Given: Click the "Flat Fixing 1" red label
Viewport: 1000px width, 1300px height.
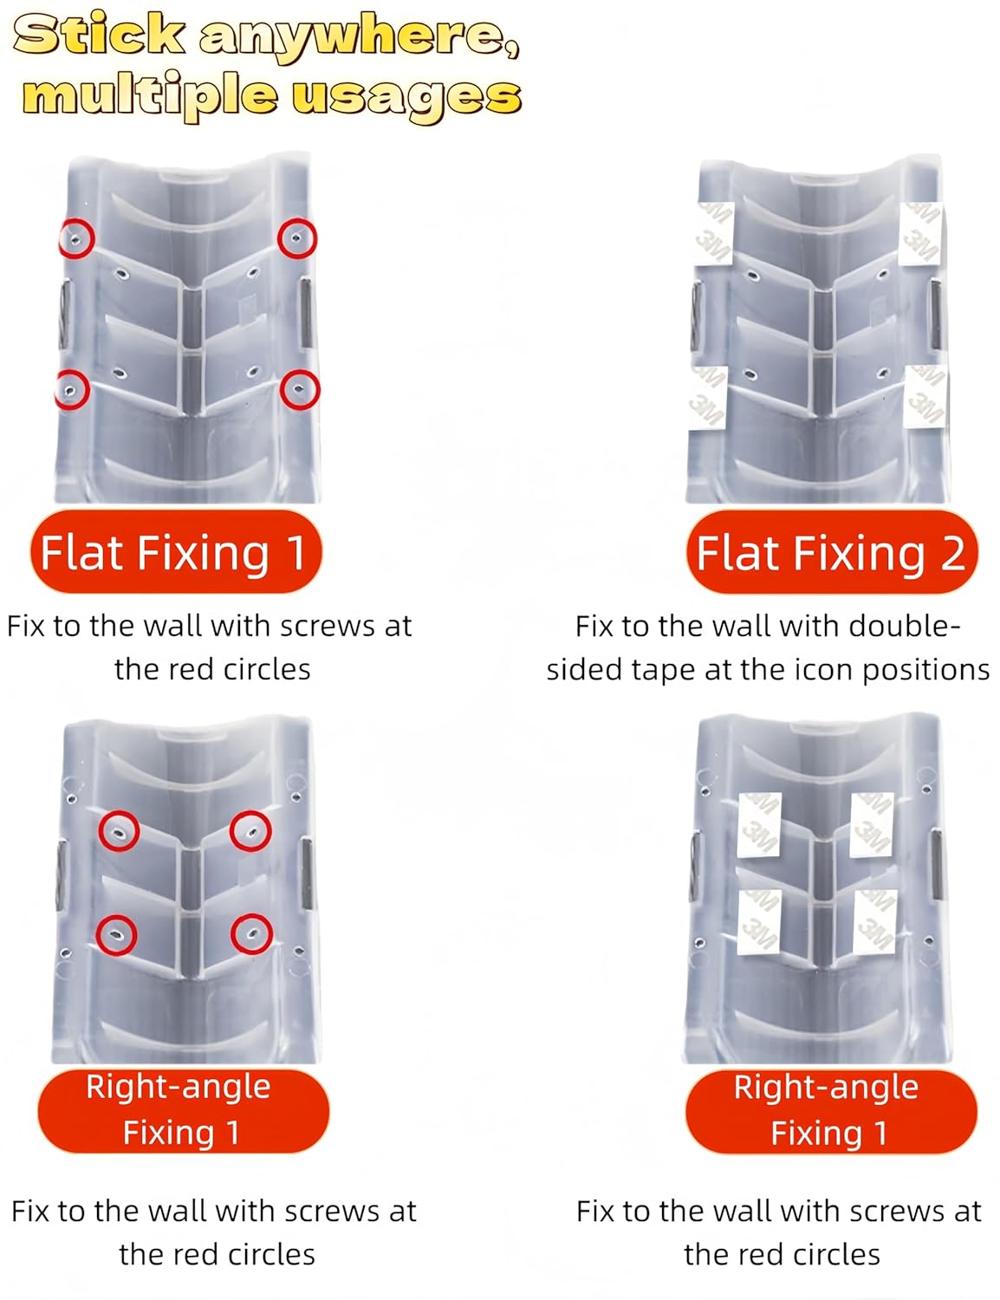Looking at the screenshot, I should [x=175, y=553].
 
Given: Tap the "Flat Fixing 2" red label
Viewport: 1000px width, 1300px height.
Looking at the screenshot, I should [x=830, y=553].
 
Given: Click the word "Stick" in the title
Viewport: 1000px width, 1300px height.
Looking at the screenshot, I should [x=99, y=36].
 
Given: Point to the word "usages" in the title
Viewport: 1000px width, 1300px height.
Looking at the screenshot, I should [x=406, y=95].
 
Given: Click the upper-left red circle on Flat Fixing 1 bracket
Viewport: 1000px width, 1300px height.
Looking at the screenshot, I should [x=76, y=238].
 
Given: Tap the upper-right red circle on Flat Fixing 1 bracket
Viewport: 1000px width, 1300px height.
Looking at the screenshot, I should [x=297, y=238].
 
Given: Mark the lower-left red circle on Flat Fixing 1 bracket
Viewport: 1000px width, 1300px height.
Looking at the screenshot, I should [x=71, y=390].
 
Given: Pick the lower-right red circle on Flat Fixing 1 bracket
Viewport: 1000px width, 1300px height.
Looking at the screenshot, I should [x=300, y=390].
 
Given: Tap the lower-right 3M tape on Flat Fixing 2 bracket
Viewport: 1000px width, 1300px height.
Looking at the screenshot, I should [x=925, y=395].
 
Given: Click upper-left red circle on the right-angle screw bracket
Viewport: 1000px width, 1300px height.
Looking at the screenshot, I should [x=119, y=831].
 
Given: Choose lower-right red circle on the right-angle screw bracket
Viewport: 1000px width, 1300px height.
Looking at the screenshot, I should [x=251, y=933].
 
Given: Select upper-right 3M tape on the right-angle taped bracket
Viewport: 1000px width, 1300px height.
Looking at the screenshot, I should [x=871, y=824].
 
